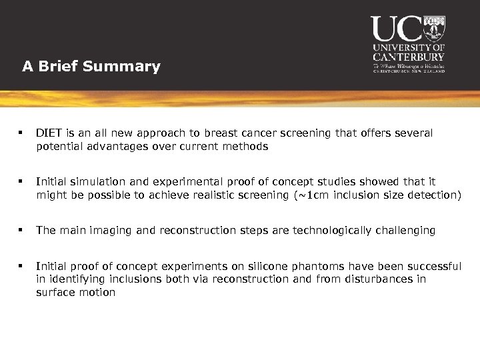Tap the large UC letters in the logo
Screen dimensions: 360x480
pos(396,29)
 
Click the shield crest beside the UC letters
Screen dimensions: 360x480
pos(434,28)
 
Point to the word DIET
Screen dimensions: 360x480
pos(48,133)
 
